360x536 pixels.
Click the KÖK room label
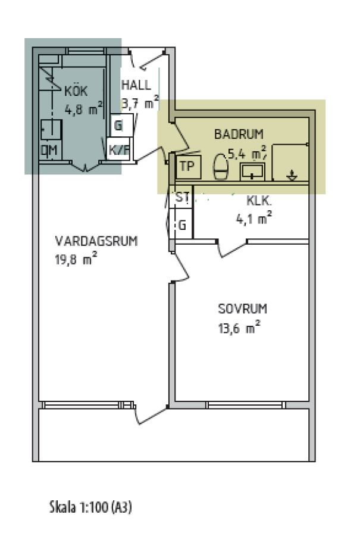(x=76, y=91)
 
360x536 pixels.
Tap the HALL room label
(x=136, y=85)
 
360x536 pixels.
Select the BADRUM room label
(x=239, y=134)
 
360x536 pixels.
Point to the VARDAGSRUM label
(x=96, y=241)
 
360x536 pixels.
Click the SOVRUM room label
(x=243, y=308)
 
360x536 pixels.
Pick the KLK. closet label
(x=259, y=201)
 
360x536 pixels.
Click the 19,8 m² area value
(x=76, y=259)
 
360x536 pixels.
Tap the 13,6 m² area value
(x=239, y=328)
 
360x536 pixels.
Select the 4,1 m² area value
(x=253, y=218)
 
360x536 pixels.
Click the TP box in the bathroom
(x=188, y=167)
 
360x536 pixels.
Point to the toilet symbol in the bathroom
(x=221, y=167)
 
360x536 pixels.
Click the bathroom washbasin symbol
(x=252, y=172)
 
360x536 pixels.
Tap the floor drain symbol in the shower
(x=292, y=175)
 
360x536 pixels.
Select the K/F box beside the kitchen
(x=118, y=149)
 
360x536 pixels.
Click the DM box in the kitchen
(x=50, y=151)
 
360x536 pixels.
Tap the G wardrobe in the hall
(x=121, y=125)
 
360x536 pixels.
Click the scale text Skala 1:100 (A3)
(x=90, y=507)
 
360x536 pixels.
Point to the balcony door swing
(x=151, y=415)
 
